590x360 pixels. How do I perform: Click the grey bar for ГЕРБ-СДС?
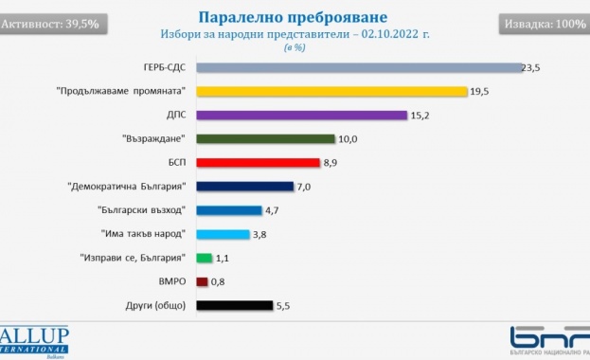coord(358,68)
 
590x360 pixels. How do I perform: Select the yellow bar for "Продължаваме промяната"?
coord(331,91)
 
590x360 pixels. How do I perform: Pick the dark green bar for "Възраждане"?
coord(265,138)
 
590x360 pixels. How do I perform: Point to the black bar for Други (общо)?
coord(234,305)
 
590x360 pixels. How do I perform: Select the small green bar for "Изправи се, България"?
coord(204,258)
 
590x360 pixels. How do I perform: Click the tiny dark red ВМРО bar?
coord(202,281)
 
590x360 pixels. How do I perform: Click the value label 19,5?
coord(481,91)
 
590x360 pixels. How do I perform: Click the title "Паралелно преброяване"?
coord(295,17)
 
